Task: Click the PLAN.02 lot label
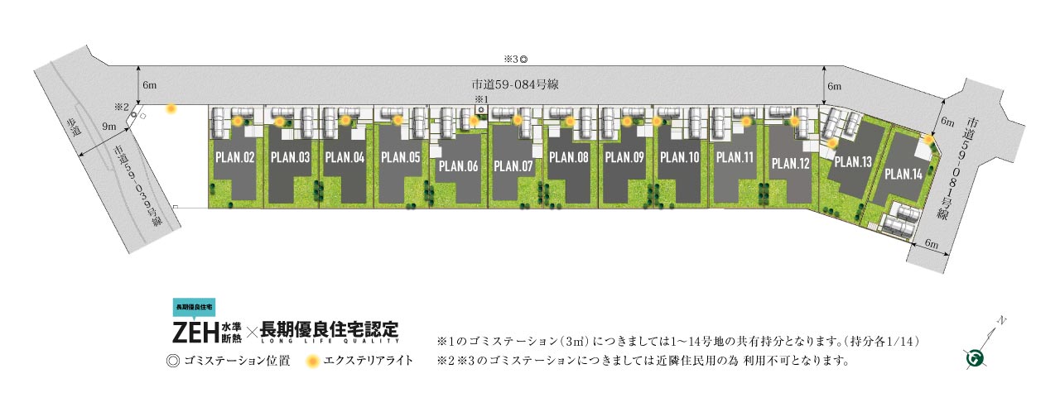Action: (234, 157)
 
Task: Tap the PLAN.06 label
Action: (458, 166)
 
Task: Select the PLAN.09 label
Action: (624, 157)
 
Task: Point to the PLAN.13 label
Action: (853, 162)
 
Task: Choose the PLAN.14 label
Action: (903, 174)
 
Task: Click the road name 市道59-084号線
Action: (515, 84)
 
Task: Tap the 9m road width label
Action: (108, 126)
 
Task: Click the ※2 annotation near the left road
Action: (122, 108)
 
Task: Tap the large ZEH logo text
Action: (195, 332)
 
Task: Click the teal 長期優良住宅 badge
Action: (194, 307)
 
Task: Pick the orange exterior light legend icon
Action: (312, 362)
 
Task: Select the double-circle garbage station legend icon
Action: (173, 362)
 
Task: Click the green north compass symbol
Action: (976, 357)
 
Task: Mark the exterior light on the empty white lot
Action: (171, 109)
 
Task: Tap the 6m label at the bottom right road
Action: (932, 244)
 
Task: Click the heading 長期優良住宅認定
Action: (330, 330)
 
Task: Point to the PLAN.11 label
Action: (735, 157)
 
